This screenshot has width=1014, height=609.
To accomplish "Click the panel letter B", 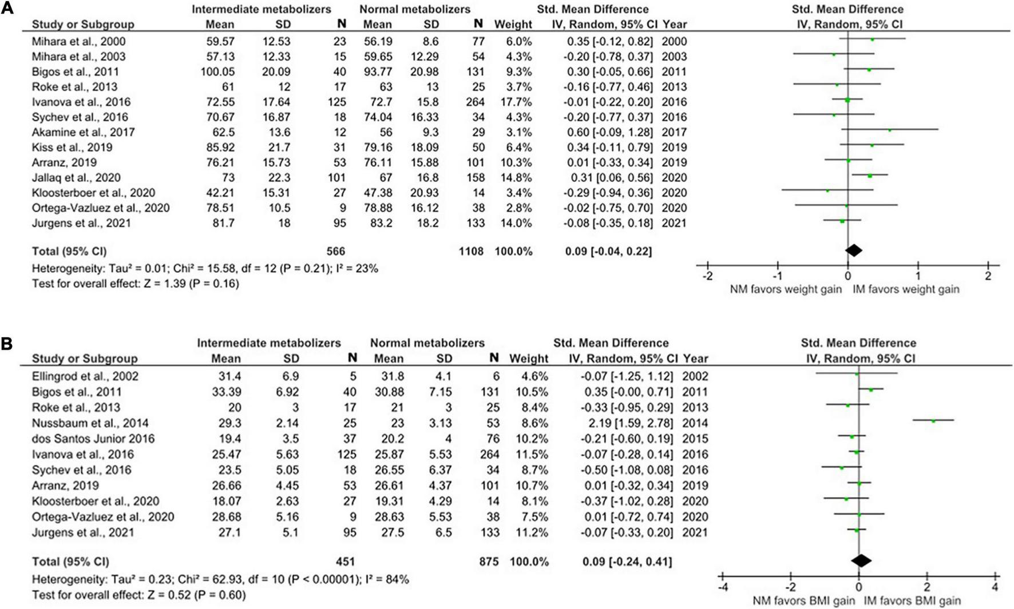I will [x=7, y=344].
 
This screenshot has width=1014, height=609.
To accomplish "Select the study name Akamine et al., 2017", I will [x=84, y=132].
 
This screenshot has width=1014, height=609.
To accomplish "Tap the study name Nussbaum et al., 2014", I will [x=90, y=423].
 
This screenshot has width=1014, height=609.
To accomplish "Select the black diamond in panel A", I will [x=853, y=250].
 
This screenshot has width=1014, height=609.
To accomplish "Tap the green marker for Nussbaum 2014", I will [x=933, y=421].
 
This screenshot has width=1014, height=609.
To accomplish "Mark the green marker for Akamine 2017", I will [x=889, y=130].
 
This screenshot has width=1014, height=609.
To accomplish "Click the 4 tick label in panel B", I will [x=995, y=587].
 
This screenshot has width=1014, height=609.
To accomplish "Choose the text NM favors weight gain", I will [x=786, y=289].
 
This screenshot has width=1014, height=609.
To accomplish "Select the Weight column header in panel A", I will [x=513, y=25].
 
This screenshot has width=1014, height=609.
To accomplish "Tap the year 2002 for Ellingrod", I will [x=695, y=376].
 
